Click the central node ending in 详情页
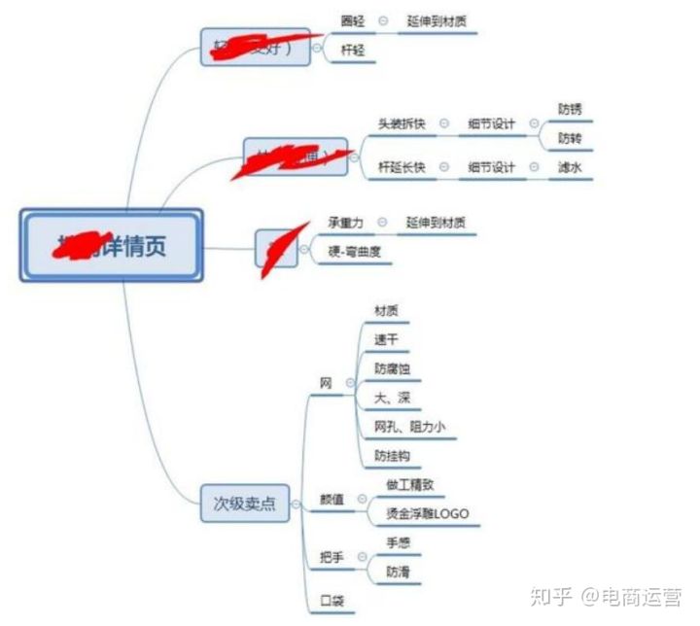tap(111, 245)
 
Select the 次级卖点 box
tap(245, 504)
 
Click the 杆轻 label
tap(353, 50)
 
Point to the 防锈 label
tap(570, 109)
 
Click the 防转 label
tap(570, 138)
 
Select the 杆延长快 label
tap(402, 167)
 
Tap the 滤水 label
tap(570, 167)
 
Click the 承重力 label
tap(346, 223)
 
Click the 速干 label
tap(386, 339)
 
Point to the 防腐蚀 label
tap(393, 368)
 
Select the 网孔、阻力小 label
tap(409, 427)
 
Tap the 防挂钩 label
tap(393, 456)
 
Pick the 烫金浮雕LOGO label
tap(428, 513)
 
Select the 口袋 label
tap(332, 601)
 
